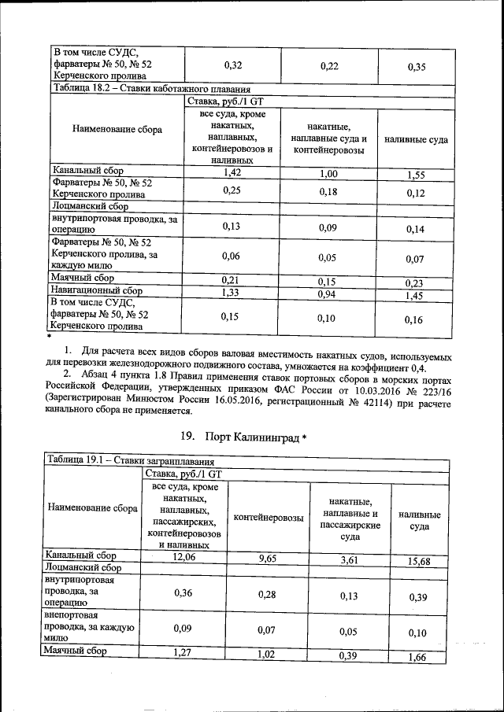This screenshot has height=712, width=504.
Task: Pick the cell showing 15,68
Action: [419, 561]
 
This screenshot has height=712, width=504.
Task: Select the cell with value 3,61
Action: [350, 559]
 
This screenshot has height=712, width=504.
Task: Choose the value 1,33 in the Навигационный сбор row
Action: [231, 291]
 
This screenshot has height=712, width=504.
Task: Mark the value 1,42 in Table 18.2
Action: [231, 171]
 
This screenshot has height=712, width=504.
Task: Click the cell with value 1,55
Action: [417, 175]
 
